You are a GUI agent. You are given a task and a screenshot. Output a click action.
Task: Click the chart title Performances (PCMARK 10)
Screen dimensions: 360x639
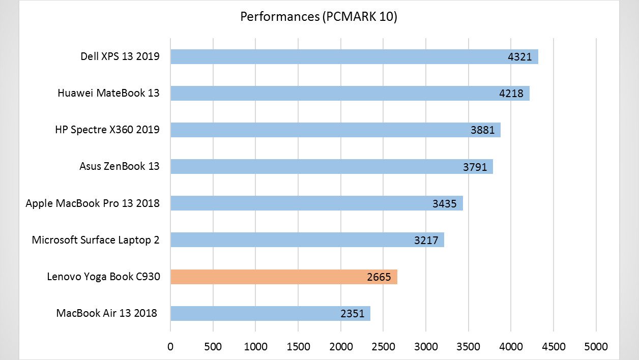(x=318, y=17)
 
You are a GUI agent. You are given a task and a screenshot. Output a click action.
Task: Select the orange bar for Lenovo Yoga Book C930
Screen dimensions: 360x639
(x=283, y=277)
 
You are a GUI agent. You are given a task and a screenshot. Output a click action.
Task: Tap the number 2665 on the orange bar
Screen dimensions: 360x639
(x=379, y=277)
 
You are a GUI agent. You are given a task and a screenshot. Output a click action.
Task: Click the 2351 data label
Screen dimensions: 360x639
(x=352, y=314)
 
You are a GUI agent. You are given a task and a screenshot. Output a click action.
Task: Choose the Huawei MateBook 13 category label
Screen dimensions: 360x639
(x=108, y=93)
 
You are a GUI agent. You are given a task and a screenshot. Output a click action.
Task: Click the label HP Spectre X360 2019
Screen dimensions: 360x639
(x=107, y=130)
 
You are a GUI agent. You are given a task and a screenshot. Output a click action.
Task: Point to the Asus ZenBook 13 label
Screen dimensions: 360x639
(x=119, y=166)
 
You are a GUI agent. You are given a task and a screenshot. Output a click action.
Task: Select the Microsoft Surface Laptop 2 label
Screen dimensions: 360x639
(x=96, y=240)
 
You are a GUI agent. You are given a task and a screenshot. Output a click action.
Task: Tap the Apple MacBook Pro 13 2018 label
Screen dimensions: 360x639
(x=93, y=203)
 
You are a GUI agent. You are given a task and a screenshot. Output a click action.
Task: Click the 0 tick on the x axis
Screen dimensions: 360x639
(x=170, y=347)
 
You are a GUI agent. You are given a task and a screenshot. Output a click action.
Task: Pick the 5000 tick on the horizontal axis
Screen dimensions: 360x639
(x=596, y=347)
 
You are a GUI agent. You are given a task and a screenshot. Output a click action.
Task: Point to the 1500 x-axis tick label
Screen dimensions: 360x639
(x=298, y=347)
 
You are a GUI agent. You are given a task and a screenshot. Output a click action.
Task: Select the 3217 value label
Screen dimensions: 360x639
(x=426, y=241)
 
